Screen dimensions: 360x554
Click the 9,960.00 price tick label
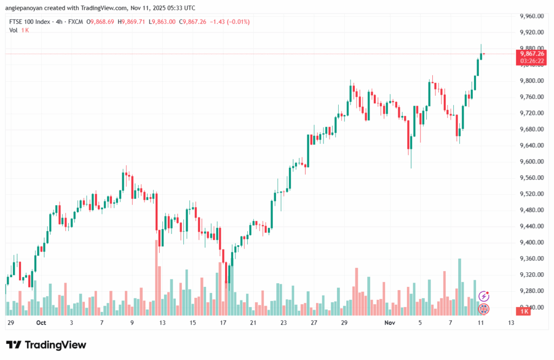(x=531, y=16)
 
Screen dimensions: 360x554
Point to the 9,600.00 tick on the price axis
(x=531, y=161)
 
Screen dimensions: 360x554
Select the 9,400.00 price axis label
(x=531, y=242)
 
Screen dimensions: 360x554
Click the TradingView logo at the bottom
(x=46, y=345)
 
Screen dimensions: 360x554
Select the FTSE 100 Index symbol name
(x=29, y=22)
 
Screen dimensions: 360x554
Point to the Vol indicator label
(x=14, y=30)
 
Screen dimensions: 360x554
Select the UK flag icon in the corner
(x=484, y=309)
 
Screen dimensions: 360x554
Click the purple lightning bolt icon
(x=484, y=296)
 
